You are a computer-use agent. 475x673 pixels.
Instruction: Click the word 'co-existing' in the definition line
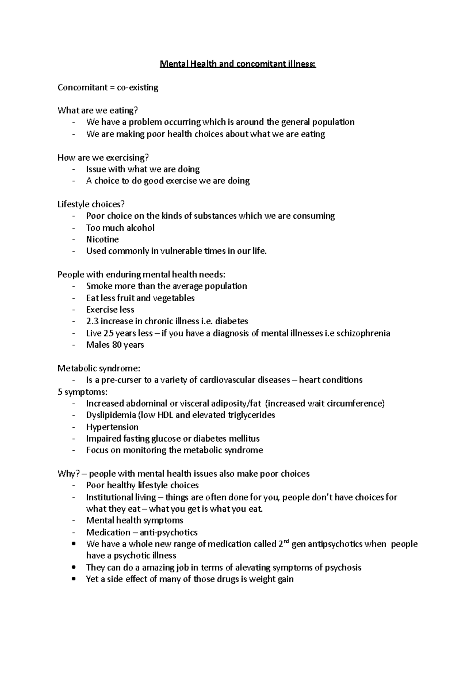[x=137, y=87]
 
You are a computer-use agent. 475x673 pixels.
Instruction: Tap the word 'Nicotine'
[x=102, y=239]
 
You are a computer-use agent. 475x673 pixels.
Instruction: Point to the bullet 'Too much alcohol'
[x=120, y=228]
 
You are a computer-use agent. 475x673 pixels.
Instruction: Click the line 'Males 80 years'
[x=115, y=345]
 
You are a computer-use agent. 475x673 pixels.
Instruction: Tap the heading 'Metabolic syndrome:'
[x=99, y=368]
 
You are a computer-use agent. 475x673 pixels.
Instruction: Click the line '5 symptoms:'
[x=82, y=392]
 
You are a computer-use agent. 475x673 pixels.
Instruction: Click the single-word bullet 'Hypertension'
[x=112, y=427]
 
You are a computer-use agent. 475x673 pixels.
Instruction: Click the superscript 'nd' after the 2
[x=286, y=541]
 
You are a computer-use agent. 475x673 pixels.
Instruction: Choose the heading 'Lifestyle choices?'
[x=91, y=205]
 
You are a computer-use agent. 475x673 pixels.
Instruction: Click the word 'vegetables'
[x=175, y=298]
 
